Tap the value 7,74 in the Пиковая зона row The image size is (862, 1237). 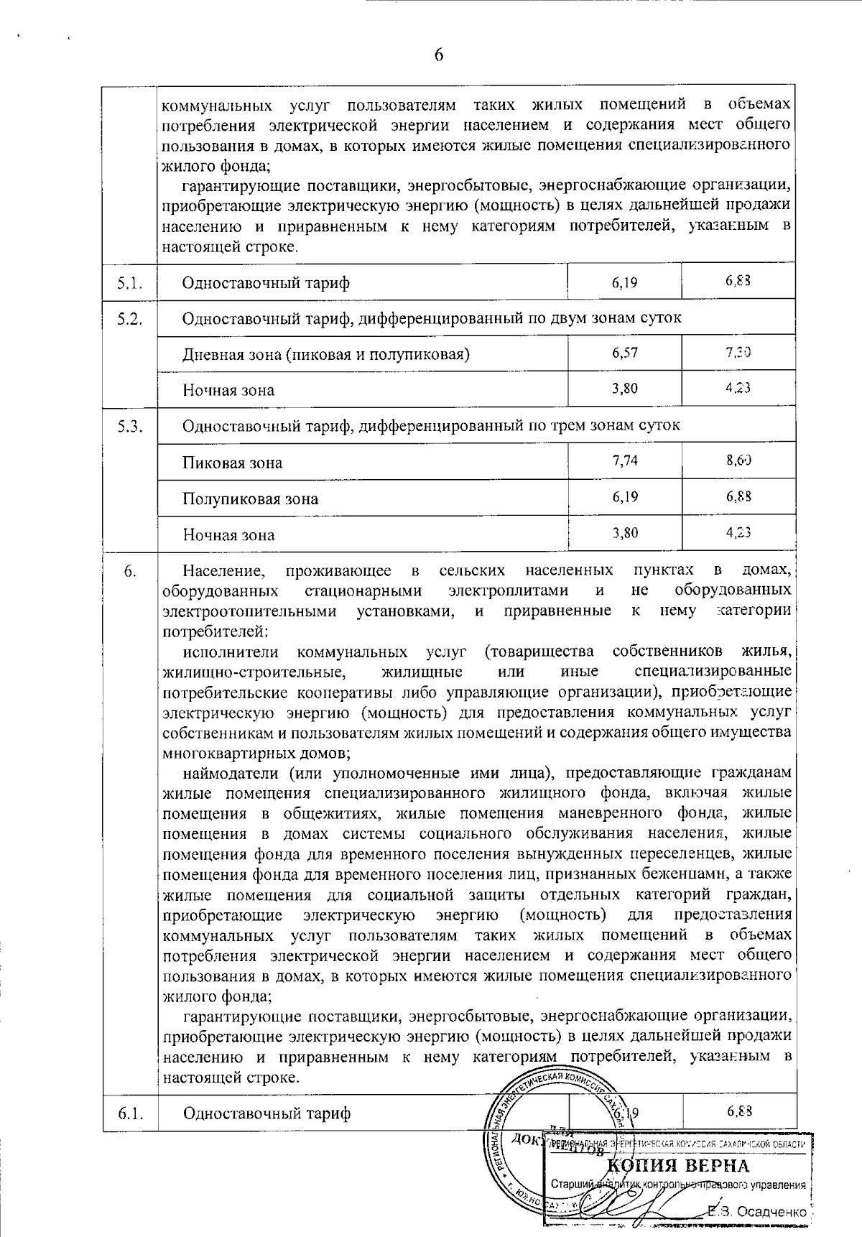pyautogui.click(x=625, y=460)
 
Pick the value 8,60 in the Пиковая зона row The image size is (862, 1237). pyautogui.click(x=738, y=460)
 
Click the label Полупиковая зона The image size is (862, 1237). pyautogui.click(x=250, y=499)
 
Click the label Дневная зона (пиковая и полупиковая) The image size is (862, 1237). pyautogui.click(x=325, y=354)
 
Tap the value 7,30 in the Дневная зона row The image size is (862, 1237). pyautogui.click(x=738, y=352)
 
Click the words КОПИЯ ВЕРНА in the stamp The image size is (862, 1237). pyautogui.click(x=678, y=1165)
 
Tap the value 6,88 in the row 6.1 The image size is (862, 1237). pyautogui.click(x=738, y=1111)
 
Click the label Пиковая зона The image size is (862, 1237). pyautogui.click(x=232, y=463)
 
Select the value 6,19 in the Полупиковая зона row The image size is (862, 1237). pyautogui.click(x=625, y=496)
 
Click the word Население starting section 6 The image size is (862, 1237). pyautogui.click(x=223, y=571)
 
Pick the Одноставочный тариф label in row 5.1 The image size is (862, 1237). pyautogui.click(x=266, y=282)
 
